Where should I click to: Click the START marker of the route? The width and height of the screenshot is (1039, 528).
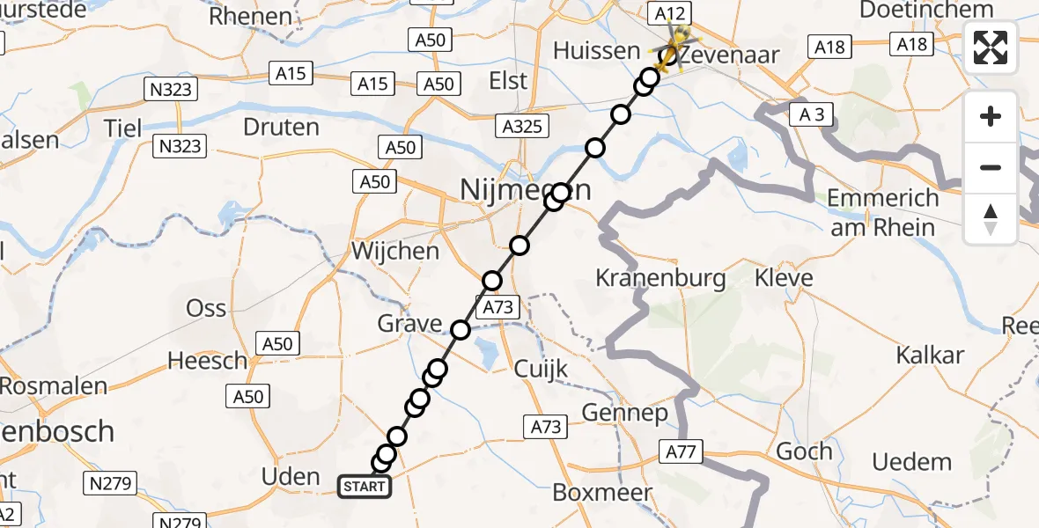pos(365,486)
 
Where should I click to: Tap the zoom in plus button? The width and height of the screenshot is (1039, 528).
pos(991,116)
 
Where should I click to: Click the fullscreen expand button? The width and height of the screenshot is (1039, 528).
pos(991,48)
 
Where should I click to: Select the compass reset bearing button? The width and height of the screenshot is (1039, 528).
pos(991,218)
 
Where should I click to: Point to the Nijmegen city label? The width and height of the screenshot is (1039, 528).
pos(524,189)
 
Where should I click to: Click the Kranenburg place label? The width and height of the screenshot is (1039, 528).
pos(660,279)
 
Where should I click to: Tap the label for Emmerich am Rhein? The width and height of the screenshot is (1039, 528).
pos(883,212)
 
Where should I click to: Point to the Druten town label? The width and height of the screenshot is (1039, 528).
pos(281,127)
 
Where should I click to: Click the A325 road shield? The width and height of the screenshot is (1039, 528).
pos(521,127)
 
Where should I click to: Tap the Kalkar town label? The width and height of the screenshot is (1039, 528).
pos(930,356)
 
